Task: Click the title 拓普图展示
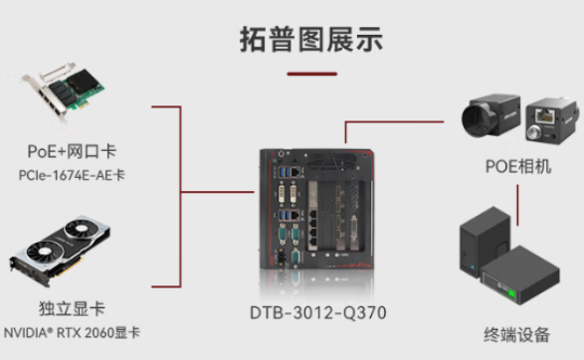click(x=311, y=40)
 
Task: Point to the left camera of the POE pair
click(x=489, y=117)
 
